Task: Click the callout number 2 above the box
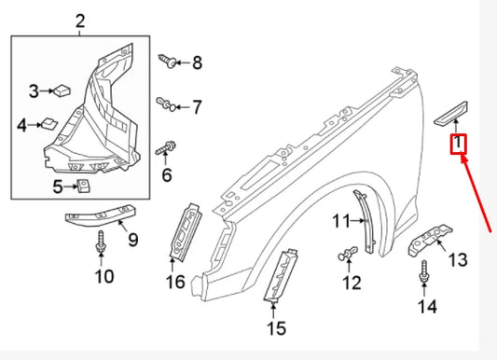click(x=79, y=21)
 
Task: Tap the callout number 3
click(x=34, y=90)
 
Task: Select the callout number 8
click(x=197, y=63)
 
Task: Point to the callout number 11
click(x=340, y=220)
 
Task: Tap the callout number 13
click(x=457, y=259)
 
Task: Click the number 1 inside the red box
click(x=459, y=145)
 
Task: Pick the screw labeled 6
click(x=169, y=147)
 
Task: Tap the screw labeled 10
click(x=102, y=245)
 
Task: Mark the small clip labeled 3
click(x=60, y=90)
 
